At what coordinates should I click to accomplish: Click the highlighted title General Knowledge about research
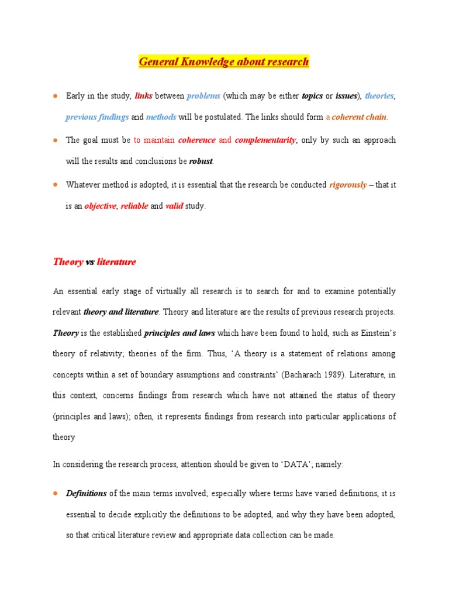tap(224, 61)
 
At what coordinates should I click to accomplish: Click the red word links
tap(143, 96)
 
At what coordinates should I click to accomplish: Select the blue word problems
tap(203, 96)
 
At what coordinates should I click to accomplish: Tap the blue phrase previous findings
tap(97, 117)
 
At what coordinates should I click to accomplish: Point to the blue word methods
tap(161, 117)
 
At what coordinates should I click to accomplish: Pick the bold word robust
tap(201, 161)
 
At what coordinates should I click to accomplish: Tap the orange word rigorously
tap(348, 185)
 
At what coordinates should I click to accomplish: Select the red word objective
tap(100, 206)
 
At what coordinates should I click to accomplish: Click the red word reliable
tap(134, 206)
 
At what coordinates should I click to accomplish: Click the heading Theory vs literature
tap(94, 262)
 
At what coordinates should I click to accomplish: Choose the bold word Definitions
tap(86, 494)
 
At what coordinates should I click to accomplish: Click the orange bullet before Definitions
tap(54, 494)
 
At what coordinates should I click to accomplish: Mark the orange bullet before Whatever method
tap(54, 185)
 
